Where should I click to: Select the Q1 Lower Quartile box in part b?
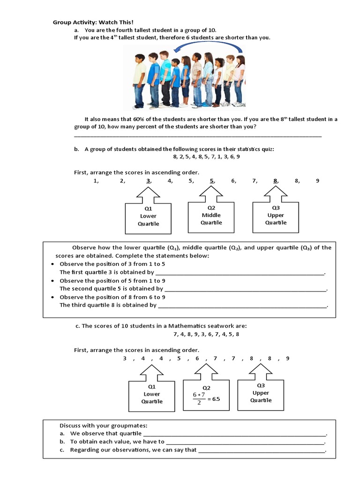(148, 217)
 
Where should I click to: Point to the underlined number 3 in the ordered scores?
(149, 181)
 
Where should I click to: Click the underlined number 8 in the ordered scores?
(276, 181)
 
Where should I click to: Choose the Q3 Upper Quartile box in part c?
(261, 393)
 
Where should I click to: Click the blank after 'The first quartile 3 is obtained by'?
(240, 273)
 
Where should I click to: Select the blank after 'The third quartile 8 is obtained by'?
(242, 306)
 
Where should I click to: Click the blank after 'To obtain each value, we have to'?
(245, 442)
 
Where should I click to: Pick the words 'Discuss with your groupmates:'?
(103, 426)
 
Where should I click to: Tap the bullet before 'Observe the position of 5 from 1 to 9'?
(53, 281)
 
